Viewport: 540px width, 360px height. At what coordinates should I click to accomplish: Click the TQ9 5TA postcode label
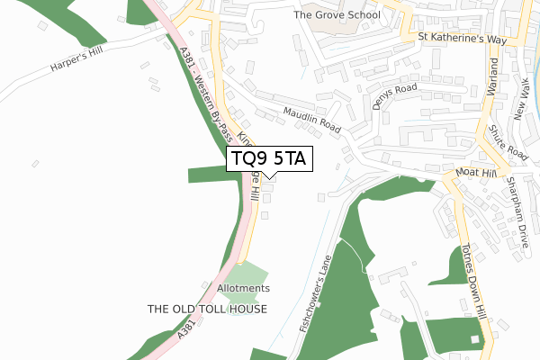(x=269, y=159)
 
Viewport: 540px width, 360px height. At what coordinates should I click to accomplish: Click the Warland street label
(x=493, y=77)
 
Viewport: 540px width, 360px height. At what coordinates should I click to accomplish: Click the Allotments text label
(x=243, y=288)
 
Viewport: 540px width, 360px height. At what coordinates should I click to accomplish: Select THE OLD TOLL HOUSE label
(x=208, y=309)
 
